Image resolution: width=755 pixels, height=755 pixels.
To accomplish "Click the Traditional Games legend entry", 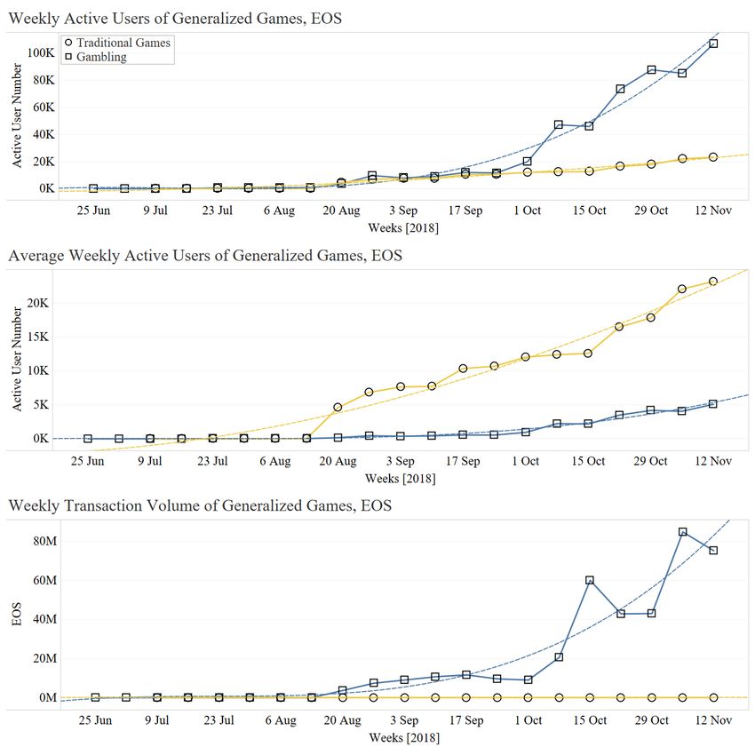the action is (x=118, y=43).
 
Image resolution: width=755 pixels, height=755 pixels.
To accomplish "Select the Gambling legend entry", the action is (x=96, y=57).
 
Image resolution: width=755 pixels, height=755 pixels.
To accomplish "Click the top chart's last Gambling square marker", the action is (x=713, y=44).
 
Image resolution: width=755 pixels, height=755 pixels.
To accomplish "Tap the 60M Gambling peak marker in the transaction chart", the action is (x=590, y=580).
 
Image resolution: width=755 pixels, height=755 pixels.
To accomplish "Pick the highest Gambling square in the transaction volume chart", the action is (x=683, y=532).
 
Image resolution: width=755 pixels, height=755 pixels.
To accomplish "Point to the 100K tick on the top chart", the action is (x=41, y=52).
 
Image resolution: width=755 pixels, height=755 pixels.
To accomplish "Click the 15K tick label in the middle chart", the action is (x=38, y=337).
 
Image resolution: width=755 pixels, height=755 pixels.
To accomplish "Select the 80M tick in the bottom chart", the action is (x=44, y=541).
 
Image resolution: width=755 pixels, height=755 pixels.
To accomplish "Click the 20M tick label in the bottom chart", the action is (x=44, y=658).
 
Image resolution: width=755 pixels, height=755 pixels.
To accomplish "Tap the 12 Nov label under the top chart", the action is (x=713, y=211).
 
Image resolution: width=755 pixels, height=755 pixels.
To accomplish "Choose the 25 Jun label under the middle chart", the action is (x=88, y=461).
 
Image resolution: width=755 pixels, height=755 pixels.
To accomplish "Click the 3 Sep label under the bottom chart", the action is (x=404, y=720).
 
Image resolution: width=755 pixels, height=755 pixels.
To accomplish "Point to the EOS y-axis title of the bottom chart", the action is (x=17, y=614).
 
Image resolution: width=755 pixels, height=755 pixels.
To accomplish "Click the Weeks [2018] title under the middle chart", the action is (x=401, y=479).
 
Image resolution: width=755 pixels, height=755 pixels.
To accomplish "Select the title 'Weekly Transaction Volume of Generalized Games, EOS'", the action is (x=201, y=505).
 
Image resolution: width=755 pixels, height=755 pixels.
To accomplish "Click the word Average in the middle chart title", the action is (x=36, y=256).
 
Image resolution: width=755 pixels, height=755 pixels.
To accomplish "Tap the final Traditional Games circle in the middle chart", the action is (x=713, y=282).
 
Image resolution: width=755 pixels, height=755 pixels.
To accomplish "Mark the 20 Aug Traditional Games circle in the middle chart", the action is (x=338, y=408).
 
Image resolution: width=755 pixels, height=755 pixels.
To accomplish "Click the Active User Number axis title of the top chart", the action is (x=17, y=115).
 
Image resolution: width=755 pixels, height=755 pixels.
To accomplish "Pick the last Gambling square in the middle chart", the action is (x=713, y=404).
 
